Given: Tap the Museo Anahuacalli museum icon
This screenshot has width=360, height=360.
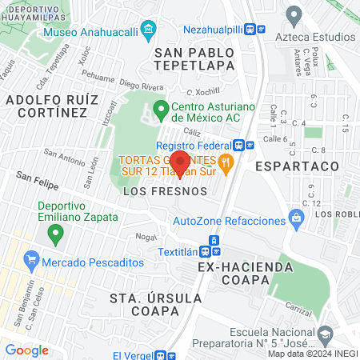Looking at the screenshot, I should click(x=147, y=32).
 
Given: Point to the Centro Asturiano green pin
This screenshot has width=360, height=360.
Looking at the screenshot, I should click(x=160, y=107).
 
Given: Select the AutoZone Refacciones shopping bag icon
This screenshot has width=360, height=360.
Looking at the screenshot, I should click(x=296, y=216).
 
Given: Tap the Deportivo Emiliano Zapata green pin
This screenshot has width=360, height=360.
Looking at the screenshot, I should click(x=55, y=234).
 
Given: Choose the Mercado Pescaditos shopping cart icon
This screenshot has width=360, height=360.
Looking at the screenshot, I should click(x=32, y=260).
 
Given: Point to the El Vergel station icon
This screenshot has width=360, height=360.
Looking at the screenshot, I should click(x=166, y=355).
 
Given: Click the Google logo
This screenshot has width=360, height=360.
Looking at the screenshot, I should click(x=26, y=350).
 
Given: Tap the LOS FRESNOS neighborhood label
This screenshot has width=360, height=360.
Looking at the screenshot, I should click(x=166, y=192).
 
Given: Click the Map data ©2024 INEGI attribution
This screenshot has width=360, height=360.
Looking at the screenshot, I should click(x=312, y=354).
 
